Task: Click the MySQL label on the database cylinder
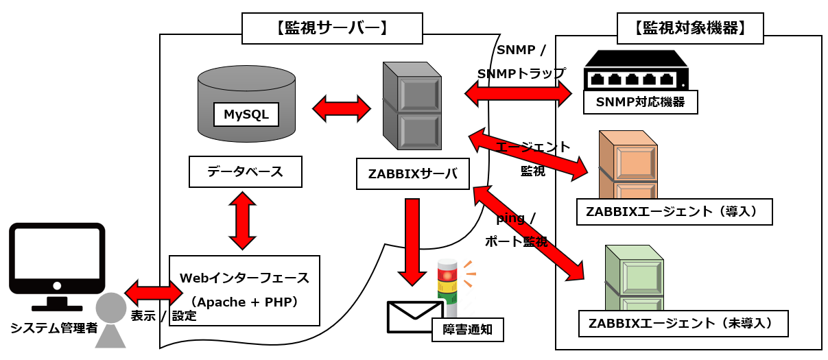246,115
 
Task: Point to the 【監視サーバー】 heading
332,28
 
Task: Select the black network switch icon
636,71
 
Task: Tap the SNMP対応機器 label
640,103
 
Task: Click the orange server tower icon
628,165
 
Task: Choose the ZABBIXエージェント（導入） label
674,212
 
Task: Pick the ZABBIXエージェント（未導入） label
683,324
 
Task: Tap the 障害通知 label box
467,330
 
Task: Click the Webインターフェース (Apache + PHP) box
244,290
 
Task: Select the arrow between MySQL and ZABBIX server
341,108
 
